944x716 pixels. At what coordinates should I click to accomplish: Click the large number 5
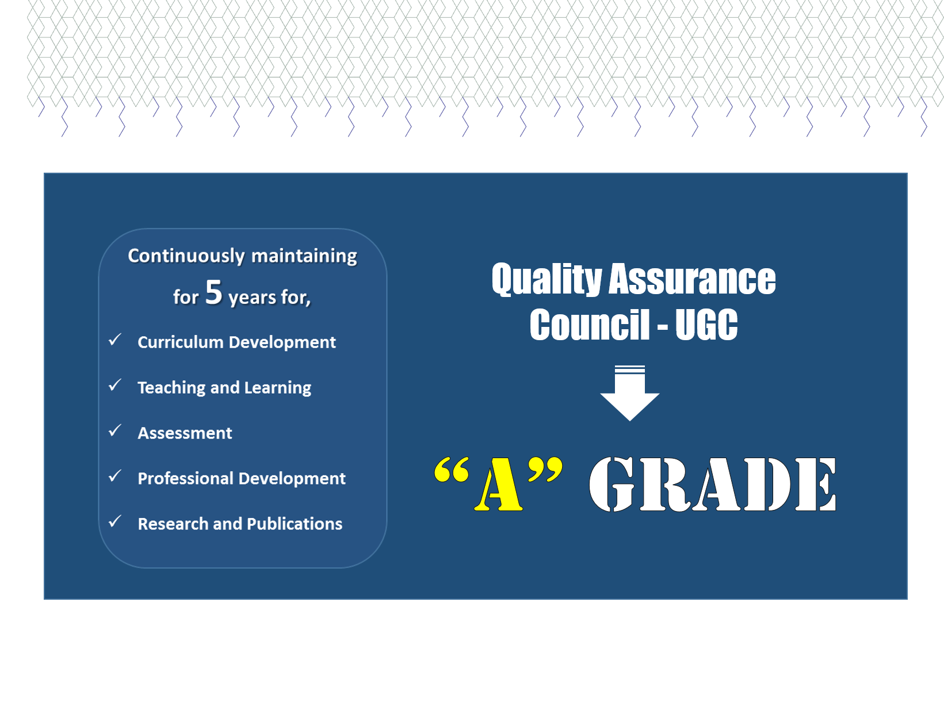(x=214, y=292)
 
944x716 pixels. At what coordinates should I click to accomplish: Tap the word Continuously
(x=186, y=256)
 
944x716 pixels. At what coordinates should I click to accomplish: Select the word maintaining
(x=304, y=256)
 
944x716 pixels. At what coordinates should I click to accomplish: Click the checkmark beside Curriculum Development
(x=115, y=340)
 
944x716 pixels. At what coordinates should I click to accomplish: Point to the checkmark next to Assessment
(x=115, y=431)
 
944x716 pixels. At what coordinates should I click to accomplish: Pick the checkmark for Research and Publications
(x=115, y=521)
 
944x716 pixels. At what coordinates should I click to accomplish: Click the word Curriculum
(x=181, y=342)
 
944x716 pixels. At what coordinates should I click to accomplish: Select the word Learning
(x=278, y=388)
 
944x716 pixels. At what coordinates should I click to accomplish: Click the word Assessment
(x=185, y=433)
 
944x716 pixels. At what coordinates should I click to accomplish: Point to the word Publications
(x=295, y=524)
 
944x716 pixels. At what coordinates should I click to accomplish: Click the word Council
(x=589, y=325)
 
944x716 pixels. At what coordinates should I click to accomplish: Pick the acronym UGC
(x=706, y=325)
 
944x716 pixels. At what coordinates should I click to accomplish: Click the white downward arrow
(x=629, y=393)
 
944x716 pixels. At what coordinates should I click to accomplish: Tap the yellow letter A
(x=498, y=483)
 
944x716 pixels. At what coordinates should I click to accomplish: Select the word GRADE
(x=712, y=485)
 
